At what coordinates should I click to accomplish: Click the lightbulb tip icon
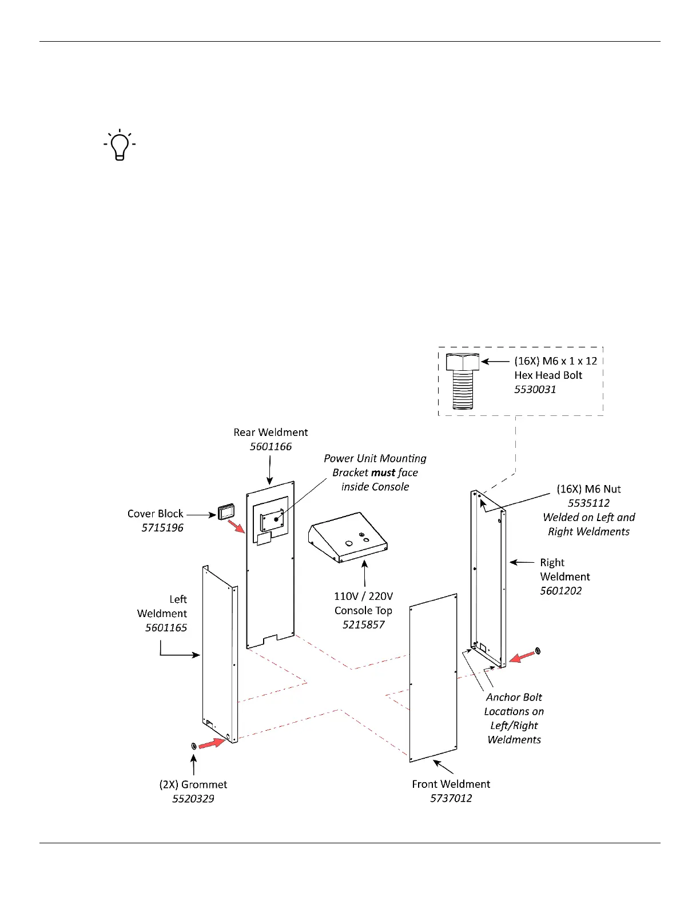pos(120,145)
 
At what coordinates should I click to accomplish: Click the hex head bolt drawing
pos(462,381)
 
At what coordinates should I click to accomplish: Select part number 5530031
pos(535,390)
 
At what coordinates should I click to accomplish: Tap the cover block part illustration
pos(226,511)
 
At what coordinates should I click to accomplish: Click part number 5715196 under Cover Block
pos(162,528)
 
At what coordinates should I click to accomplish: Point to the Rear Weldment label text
pos(271,433)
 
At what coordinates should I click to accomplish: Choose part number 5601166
pos(271,447)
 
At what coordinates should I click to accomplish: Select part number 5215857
pos(364,624)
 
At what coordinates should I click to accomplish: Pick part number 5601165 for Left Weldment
pos(166,628)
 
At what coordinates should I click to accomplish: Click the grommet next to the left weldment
pos(193,746)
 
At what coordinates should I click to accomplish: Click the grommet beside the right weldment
pos(537,651)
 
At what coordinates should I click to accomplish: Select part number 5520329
pos(193,799)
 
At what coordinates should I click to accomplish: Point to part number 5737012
pos(451,798)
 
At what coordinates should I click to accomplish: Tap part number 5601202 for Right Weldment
pos(561,591)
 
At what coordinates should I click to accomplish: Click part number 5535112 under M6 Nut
pos(588,503)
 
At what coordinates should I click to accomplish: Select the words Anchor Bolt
pos(514,697)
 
